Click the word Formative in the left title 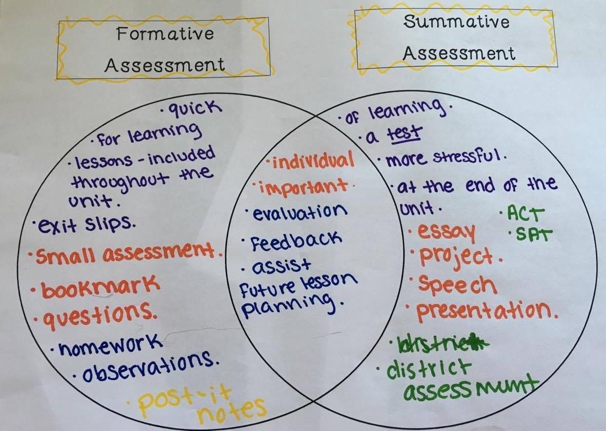pos(165,34)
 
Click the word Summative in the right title pos(456,22)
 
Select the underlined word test pos(404,133)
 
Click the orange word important pos(304,187)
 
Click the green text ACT pos(526,214)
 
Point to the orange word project pos(456,256)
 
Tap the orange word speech pos(457,284)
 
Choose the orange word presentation pos(484,311)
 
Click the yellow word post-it pos(185,400)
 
